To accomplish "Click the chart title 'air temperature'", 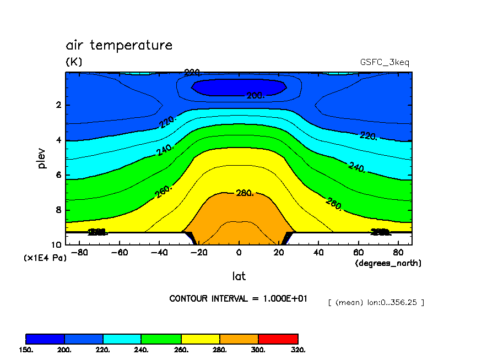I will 119,45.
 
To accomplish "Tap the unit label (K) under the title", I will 74,62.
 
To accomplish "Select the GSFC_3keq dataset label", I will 384,62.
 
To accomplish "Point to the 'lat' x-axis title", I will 239,276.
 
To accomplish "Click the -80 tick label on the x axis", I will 81,253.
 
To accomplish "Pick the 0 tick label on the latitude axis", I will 239,253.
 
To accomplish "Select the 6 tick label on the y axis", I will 58,175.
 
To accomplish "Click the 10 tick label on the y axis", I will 56,244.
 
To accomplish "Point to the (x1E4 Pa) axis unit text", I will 45,258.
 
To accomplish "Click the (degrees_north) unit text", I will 388,263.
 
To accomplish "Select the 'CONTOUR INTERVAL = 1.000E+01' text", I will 238,298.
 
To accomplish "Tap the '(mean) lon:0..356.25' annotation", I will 376,302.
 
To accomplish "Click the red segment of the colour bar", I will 278,339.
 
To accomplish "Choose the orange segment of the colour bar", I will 239,339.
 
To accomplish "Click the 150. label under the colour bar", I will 26,350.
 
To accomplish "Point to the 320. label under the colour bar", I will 297,350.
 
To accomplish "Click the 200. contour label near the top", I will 255,96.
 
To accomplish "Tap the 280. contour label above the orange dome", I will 244,193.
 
